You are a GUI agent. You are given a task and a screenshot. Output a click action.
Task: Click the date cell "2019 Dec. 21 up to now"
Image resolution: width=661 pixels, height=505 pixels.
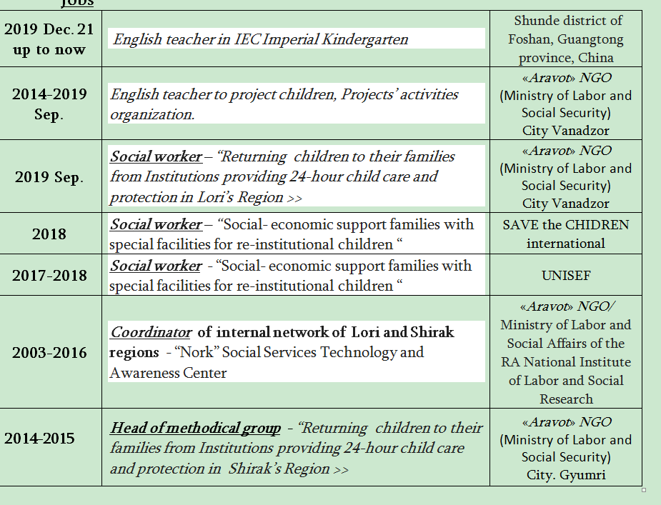click(49, 40)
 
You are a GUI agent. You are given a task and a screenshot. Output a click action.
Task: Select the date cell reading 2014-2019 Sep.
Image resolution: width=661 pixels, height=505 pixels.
click(49, 104)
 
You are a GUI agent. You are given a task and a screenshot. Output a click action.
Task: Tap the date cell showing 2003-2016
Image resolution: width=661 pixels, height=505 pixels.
click(49, 353)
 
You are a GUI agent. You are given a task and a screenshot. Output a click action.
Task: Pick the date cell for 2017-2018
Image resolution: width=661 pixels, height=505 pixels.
click(49, 276)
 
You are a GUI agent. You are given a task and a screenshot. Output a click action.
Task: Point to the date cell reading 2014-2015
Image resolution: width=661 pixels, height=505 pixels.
click(39, 438)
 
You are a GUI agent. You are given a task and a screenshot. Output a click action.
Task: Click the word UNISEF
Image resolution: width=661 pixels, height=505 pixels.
click(566, 275)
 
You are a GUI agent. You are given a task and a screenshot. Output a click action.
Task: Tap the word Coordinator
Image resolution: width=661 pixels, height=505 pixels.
click(151, 332)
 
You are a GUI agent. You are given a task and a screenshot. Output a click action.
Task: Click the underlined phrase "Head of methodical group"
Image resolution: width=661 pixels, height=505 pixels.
click(195, 429)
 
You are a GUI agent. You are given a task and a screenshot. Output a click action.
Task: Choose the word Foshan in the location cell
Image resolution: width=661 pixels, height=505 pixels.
click(529, 40)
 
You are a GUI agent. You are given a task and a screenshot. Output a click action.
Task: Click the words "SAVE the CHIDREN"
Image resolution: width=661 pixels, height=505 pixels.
click(565, 225)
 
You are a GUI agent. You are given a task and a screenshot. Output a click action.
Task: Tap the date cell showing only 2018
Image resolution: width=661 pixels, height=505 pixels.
click(49, 234)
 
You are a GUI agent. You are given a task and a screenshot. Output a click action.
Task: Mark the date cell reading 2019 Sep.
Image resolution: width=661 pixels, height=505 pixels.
click(49, 177)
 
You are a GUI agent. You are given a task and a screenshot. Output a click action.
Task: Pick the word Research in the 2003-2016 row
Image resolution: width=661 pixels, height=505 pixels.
click(566, 399)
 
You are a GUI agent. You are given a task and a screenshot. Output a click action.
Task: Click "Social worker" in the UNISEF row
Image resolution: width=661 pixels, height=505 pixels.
click(156, 266)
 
